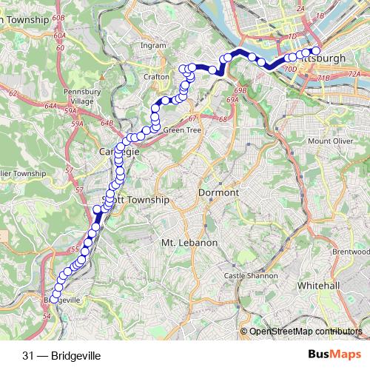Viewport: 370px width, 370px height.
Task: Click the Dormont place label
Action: coord(220,192)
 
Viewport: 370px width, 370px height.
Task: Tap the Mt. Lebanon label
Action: coord(189,243)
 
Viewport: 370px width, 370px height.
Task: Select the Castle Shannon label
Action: coord(251,275)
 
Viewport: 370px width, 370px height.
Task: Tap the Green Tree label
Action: coord(182,130)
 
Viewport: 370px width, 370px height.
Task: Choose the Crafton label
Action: coord(157,76)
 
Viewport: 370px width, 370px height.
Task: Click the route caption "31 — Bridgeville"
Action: coord(61,355)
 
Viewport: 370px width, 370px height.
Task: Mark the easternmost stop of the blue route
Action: coord(316,50)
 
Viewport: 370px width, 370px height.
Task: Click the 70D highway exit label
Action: coord(290,70)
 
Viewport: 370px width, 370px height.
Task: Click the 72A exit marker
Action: coord(354,74)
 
